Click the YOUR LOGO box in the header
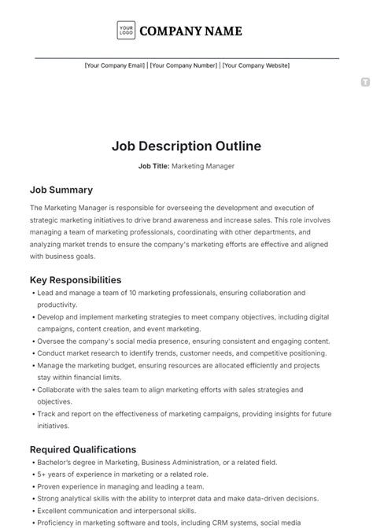click(x=126, y=31)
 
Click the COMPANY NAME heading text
click(x=191, y=31)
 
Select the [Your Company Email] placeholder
click(x=115, y=66)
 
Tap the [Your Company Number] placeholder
click(x=184, y=66)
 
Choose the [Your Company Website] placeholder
click(x=257, y=66)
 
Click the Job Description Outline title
click(x=186, y=146)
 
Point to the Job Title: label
click(x=153, y=166)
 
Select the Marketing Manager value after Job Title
click(x=203, y=166)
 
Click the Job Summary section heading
click(x=61, y=190)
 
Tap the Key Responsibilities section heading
click(x=76, y=279)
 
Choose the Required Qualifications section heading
click(x=83, y=449)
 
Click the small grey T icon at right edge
click(x=365, y=82)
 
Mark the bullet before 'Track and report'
click(x=32, y=414)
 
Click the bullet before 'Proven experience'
click(x=32, y=488)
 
